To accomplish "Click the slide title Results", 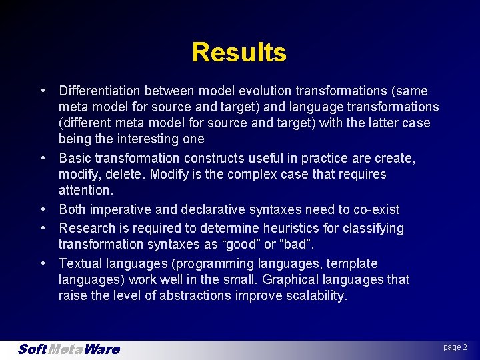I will click(x=239, y=52).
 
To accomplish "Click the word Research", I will click(x=87, y=228).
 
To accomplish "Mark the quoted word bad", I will click(x=309, y=244).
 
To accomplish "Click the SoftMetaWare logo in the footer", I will click(x=68, y=349).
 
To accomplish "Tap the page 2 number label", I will click(x=455, y=347).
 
